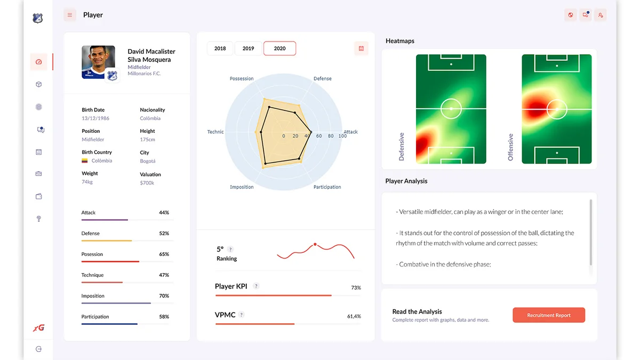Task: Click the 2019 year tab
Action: point(248,49)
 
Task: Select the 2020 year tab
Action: point(279,49)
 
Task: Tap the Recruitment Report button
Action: point(548,315)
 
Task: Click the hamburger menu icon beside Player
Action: point(69,15)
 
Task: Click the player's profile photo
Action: point(98,62)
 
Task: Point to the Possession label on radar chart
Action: point(242,78)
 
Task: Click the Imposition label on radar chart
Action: point(242,187)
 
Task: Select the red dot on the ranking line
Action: point(315,244)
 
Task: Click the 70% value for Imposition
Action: point(164,296)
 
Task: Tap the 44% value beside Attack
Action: point(164,213)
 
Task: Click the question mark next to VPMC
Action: point(241,315)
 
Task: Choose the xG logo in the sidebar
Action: point(38,328)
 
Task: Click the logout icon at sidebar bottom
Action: point(38,349)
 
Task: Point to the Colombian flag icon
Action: point(85,161)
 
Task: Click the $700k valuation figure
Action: point(147,183)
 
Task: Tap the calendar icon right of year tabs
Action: point(361,49)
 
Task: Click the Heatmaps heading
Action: point(399,41)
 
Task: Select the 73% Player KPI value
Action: point(356,287)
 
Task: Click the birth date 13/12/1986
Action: point(95,118)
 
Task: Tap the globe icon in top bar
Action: point(571,15)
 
